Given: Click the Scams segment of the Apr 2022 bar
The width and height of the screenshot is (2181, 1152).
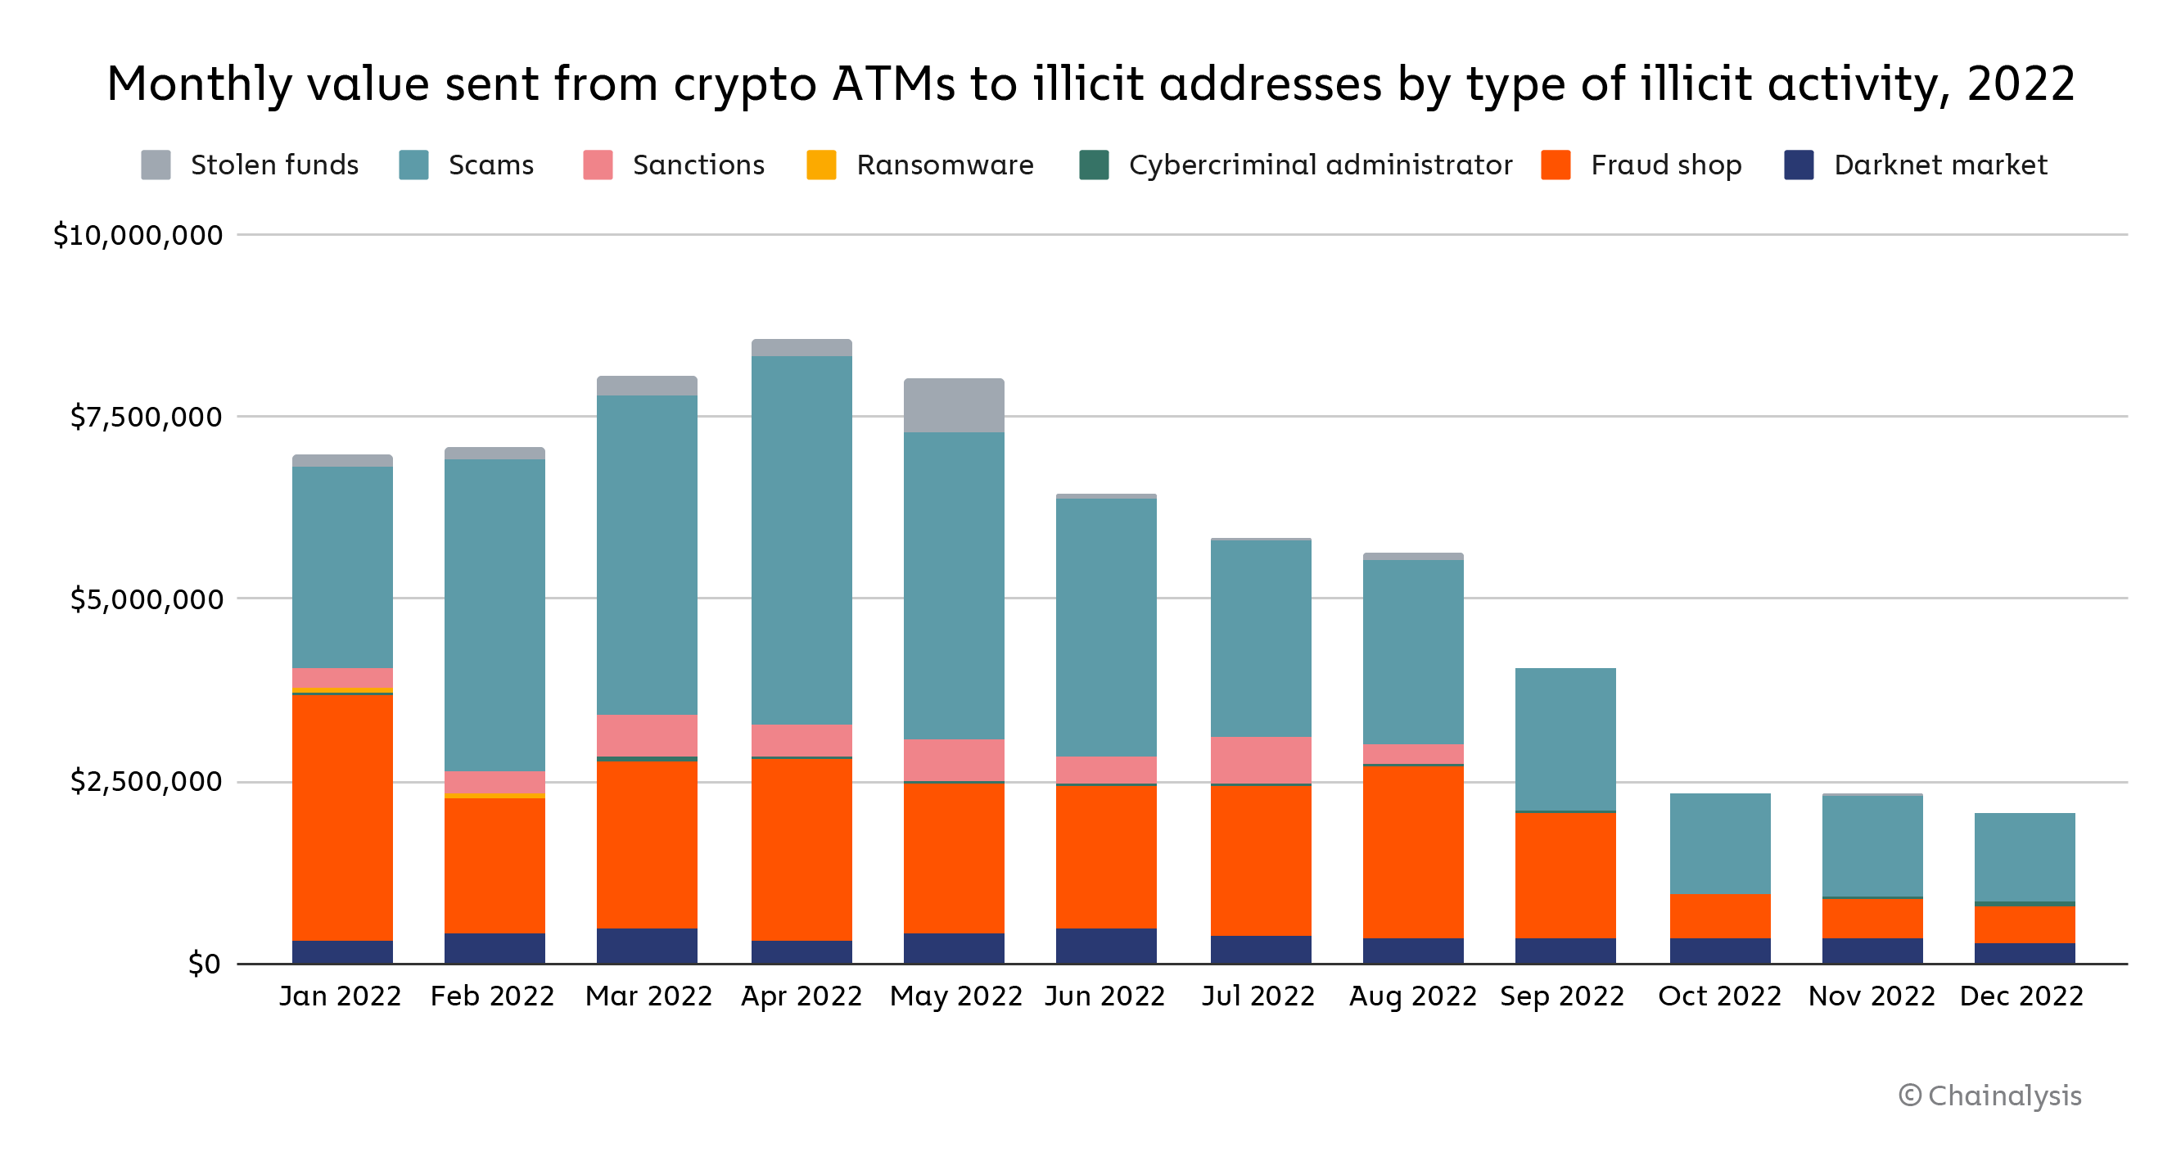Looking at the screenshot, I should (x=801, y=540).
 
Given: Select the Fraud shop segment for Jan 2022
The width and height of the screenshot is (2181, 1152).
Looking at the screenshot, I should (x=342, y=817).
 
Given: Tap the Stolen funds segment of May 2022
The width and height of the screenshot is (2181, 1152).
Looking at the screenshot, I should (x=953, y=405).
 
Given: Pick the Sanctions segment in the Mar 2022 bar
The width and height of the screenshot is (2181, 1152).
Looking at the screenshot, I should (x=647, y=734).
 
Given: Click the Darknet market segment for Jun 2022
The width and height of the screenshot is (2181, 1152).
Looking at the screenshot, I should (x=1106, y=946).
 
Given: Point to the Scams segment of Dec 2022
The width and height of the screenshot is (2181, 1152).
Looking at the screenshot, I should (x=2024, y=856).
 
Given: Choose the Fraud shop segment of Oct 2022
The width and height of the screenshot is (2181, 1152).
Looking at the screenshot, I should (x=1719, y=916).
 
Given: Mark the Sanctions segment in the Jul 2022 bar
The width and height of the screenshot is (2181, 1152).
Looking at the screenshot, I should (x=1261, y=759).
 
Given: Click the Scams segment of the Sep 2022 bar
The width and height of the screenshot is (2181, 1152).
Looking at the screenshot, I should (x=1565, y=739).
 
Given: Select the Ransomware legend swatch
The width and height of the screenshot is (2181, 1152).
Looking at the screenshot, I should (x=821, y=165).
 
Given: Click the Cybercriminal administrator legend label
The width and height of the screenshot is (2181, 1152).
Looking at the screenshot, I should (x=1320, y=165).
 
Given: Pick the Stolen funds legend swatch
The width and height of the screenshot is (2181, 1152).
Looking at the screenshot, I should (x=156, y=165).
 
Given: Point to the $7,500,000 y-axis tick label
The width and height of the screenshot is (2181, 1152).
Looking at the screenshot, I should (x=146, y=417).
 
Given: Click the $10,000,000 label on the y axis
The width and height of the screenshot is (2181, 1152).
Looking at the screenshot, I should (x=138, y=235).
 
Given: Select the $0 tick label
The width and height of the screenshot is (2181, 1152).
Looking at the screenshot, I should (x=204, y=963).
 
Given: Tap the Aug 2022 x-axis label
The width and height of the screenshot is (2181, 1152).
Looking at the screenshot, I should (x=1412, y=996).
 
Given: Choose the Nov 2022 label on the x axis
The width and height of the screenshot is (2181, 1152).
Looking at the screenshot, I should (x=1871, y=996).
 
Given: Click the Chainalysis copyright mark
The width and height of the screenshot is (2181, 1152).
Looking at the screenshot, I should (x=1989, y=1096).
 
